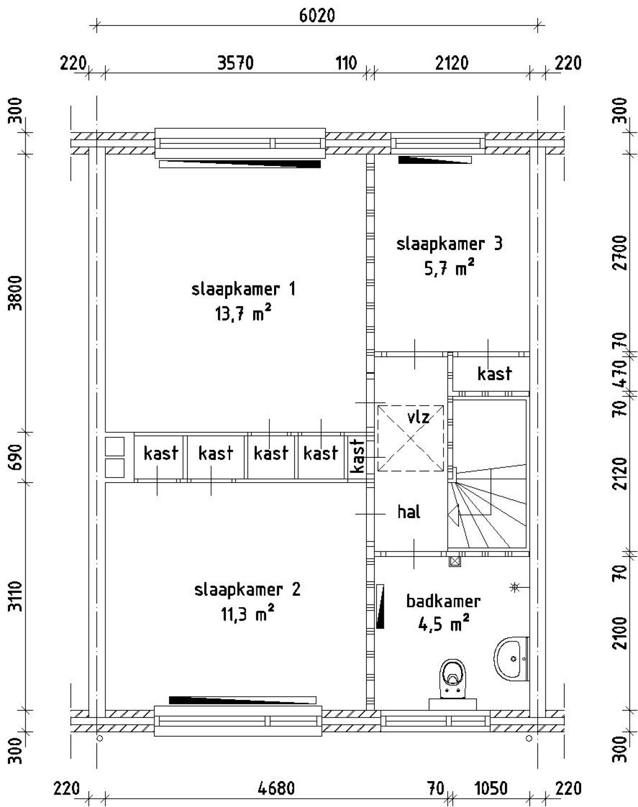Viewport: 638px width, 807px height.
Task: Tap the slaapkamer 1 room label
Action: (x=243, y=289)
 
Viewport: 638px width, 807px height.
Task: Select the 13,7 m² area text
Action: (x=243, y=314)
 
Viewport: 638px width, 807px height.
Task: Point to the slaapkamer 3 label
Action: (x=449, y=244)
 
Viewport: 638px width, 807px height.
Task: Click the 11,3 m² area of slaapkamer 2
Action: (x=248, y=614)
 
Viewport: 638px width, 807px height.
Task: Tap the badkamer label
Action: (x=443, y=601)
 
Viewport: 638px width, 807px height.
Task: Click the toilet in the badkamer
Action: (x=452, y=680)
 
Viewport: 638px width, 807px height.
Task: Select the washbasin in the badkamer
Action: (x=512, y=659)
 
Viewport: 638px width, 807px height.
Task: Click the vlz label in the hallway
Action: (x=418, y=416)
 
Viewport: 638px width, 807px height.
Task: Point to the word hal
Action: (x=409, y=512)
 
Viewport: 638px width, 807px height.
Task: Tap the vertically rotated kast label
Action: (x=357, y=456)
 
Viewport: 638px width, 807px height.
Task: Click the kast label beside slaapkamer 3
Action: (x=494, y=374)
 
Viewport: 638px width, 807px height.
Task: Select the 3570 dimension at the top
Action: (x=236, y=63)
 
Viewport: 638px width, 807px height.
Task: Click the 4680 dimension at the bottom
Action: (x=277, y=789)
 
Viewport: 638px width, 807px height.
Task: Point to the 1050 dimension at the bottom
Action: (x=490, y=789)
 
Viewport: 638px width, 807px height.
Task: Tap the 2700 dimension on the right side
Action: (x=620, y=253)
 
